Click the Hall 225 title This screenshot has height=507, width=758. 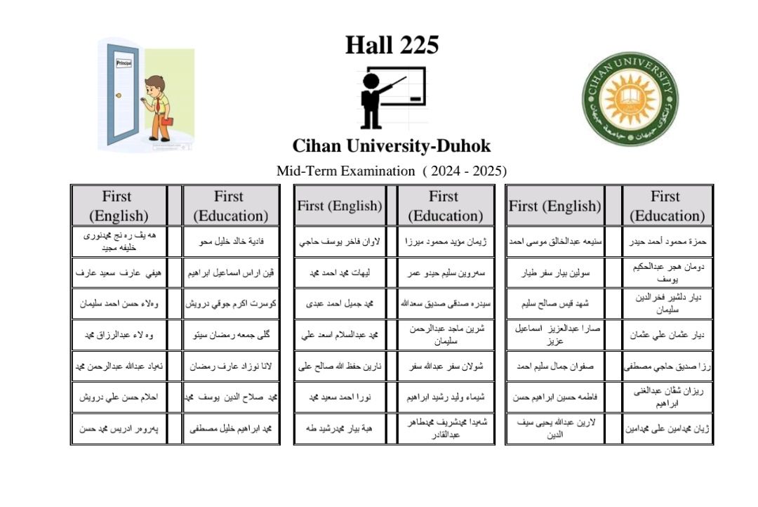click(x=392, y=46)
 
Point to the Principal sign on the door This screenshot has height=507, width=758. click(x=124, y=63)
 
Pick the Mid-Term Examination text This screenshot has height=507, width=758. click(x=345, y=171)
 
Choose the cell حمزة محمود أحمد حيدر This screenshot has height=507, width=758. click(x=665, y=242)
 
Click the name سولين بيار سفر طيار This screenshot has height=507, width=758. click(x=555, y=273)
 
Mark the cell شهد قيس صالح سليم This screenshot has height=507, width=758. click(x=555, y=304)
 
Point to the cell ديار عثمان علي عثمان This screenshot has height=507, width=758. click(x=665, y=335)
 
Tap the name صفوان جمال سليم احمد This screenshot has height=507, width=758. click(x=555, y=366)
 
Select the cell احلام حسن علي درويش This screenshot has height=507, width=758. click(x=118, y=397)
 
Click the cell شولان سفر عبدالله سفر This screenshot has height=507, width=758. click(x=444, y=366)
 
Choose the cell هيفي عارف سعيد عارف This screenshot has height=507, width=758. click(x=118, y=273)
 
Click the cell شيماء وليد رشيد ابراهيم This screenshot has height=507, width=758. click(x=444, y=397)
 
